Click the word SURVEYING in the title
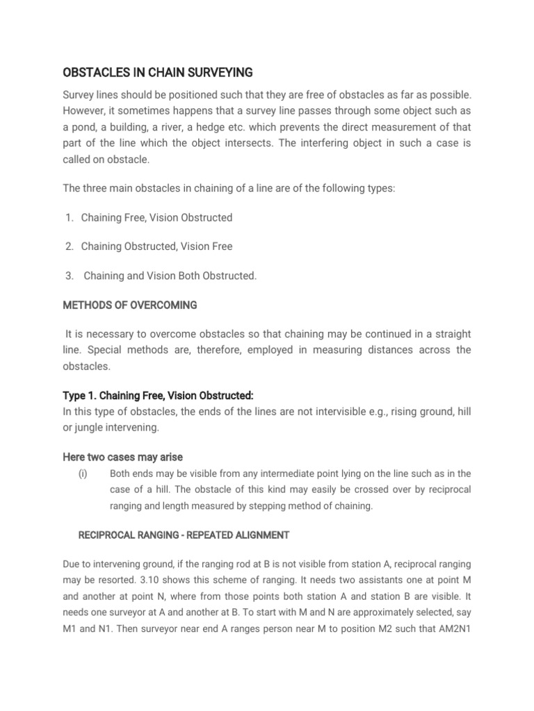point(214,72)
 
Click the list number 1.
point(69,217)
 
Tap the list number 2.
point(69,246)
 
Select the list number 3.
point(69,276)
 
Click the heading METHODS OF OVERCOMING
point(130,305)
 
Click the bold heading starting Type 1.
point(158,395)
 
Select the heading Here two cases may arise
point(122,457)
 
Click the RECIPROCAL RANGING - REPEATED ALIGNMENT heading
point(184,535)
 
